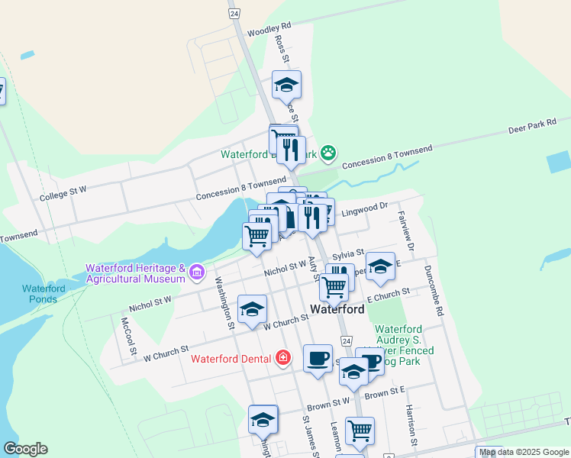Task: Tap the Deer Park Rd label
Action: (x=534, y=126)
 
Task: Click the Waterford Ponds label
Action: (x=44, y=293)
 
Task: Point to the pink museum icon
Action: (x=197, y=271)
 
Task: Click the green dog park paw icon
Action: (x=328, y=153)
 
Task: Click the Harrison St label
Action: (x=412, y=426)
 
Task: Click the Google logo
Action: (x=25, y=449)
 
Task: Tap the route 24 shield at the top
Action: (x=234, y=14)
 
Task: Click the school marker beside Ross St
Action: (x=286, y=85)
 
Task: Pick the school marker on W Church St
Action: (x=252, y=310)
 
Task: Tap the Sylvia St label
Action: (x=348, y=253)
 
